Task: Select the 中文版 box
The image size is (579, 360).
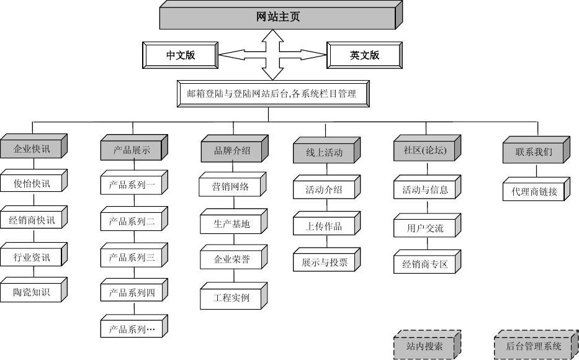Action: (180, 55)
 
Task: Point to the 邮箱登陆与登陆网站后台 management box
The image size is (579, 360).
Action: (271, 94)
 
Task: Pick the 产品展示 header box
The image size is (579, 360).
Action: (132, 150)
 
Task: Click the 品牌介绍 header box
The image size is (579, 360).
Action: (231, 150)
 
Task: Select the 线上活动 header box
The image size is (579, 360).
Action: (324, 152)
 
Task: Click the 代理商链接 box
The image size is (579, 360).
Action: (534, 191)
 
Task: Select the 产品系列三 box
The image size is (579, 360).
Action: (132, 257)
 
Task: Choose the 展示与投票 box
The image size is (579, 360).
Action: (324, 261)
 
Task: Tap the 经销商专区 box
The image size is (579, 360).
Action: (424, 264)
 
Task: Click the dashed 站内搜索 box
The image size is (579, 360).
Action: (424, 346)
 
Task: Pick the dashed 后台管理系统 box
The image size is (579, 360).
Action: (533, 346)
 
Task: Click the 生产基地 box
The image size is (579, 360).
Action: (231, 224)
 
